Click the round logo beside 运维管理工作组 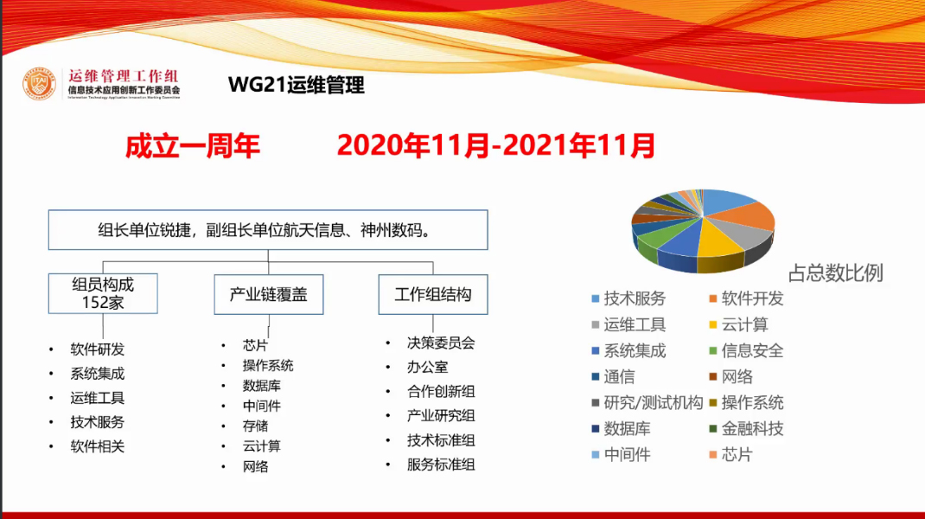[x=39, y=84]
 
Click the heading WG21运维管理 [x=296, y=85]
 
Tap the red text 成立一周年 [x=193, y=144]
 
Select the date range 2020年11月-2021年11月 [x=495, y=144]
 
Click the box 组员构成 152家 [x=103, y=293]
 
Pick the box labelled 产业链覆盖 [x=268, y=294]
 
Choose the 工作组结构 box [x=432, y=294]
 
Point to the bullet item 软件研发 [x=97, y=349]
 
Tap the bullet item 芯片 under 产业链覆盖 [x=255, y=345]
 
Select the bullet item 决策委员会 [x=441, y=343]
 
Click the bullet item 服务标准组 [x=441, y=465]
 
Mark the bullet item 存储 [x=255, y=426]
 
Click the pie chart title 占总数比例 [x=835, y=273]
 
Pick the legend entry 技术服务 [x=634, y=298]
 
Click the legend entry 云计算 [x=743, y=324]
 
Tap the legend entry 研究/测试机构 [x=653, y=402]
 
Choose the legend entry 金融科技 [x=752, y=428]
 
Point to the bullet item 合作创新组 [x=441, y=391]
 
